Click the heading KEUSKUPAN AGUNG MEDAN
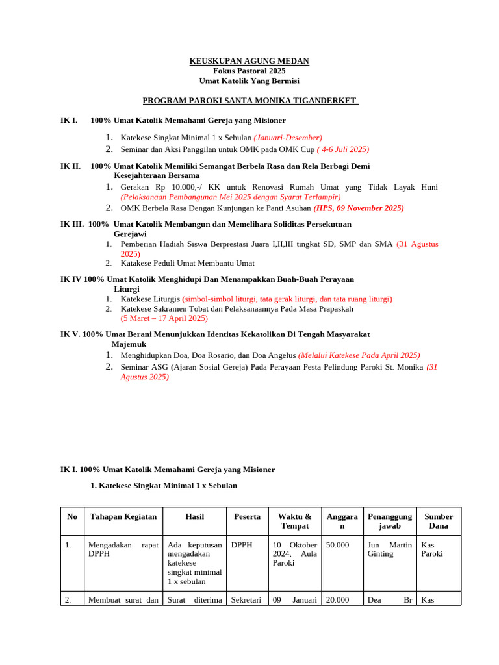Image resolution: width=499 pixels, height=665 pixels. (x=249, y=61)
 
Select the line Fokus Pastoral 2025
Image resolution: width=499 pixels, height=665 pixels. (x=249, y=71)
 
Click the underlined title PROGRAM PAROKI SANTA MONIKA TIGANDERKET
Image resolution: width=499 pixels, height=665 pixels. (x=250, y=101)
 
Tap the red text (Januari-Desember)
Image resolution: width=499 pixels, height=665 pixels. (x=287, y=138)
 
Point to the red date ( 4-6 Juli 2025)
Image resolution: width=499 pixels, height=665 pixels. (x=342, y=149)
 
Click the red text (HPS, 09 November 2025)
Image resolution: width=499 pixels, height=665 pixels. (x=358, y=208)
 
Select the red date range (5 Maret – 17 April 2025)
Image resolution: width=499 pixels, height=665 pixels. (x=164, y=318)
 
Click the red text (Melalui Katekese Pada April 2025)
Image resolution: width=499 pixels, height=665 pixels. (x=359, y=355)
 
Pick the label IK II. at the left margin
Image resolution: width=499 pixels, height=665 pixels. (x=70, y=166)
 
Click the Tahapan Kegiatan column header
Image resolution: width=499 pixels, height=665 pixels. (x=123, y=517)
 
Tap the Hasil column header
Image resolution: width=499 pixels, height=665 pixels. (x=194, y=517)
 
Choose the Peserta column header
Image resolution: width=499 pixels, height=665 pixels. (x=247, y=517)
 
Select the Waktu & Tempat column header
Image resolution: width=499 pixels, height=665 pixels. (x=294, y=521)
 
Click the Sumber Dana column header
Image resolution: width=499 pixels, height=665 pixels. (x=439, y=521)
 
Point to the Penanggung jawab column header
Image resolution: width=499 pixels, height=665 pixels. (x=389, y=521)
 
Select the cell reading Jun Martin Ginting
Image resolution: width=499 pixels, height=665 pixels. (x=389, y=549)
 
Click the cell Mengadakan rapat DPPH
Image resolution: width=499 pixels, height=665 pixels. (x=123, y=549)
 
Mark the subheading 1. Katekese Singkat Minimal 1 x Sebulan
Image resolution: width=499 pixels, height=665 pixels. (x=164, y=486)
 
